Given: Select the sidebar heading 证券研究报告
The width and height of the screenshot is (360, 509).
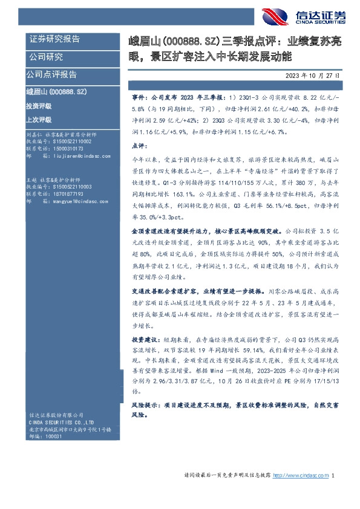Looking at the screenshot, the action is click(54, 39).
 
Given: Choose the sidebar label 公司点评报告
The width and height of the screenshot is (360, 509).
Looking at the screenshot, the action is click(51, 74).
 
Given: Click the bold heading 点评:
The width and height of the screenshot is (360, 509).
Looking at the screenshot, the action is click(140, 146).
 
